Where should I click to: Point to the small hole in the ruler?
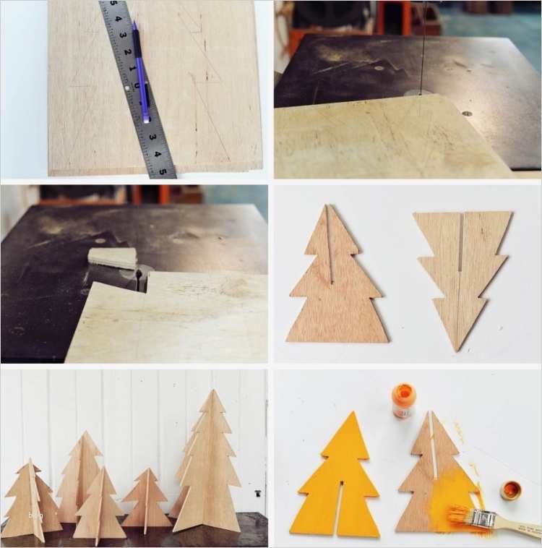pyautogui.click(x=126, y=87)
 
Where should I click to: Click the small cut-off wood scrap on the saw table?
pyautogui.click(x=112, y=257)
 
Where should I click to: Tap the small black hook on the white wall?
pyautogui.click(x=257, y=492)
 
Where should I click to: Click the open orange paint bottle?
pyautogui.click(x=404, y=401)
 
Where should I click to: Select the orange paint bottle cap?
pyautogui.click(x=510, y=490)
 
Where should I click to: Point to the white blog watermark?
pyautogui.click(x=35, y=515)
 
